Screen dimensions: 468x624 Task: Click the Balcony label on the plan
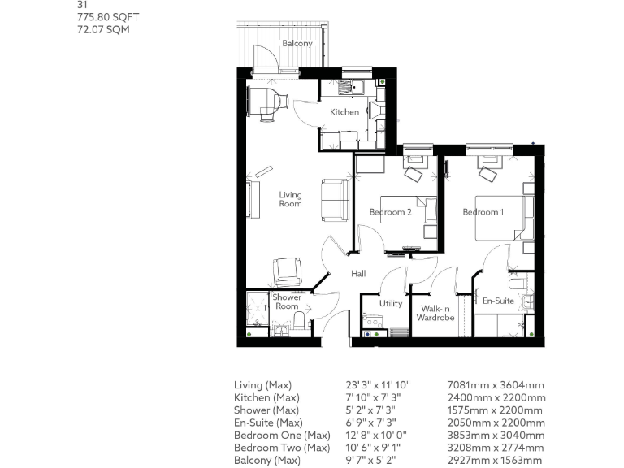[297, 43]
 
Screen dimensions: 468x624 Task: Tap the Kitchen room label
[344, 112]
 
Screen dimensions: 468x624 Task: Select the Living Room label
[290, 199]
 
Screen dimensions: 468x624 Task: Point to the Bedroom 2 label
[390, 212]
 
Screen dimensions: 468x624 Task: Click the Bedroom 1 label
[483, 212]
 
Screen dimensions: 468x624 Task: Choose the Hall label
[357, 275]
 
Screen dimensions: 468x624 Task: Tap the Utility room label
[391, 303]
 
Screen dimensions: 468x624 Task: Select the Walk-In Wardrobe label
[435, 313]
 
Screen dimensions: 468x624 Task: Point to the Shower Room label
[286, 301]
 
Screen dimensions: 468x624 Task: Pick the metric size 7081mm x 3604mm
[496, 385]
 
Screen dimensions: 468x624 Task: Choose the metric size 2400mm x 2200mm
[496, 398]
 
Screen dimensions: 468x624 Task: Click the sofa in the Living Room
[335, 200]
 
